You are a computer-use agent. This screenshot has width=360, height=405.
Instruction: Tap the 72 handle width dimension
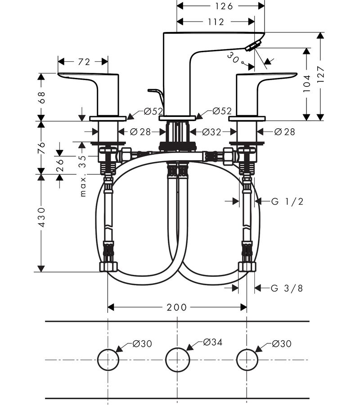pyautogui.click(x=84, y=62)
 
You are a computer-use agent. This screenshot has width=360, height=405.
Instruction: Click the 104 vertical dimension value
pyautogui.click(x=306, y=84)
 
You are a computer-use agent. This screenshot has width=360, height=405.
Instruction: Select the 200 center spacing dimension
pyautogui.click(x=176, y=307)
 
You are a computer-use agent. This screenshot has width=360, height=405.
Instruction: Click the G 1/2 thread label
pyautogui.click(x=287, y=202)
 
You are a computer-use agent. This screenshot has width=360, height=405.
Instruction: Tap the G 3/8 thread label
pyautogui.click(x=287, y=288)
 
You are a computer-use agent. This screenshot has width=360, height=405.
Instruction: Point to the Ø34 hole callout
pyautogui.click(x=213, y=342)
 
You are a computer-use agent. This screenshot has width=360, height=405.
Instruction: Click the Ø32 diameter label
pyautogui.click(x=213, y=132)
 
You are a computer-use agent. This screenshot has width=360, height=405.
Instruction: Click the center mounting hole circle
pyautogui.click(x=177, y=360)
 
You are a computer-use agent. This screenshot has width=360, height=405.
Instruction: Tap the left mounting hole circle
pyautogui.click(x=108, y=360)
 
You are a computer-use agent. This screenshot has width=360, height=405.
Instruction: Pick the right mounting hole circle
pyautogui.click(x=247, y=360)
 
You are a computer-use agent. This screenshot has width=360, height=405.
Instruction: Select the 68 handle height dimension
pyautogui.click(x=41, y=97)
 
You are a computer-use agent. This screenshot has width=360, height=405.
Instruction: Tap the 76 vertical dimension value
pyautogui.click(x=41, y=148)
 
